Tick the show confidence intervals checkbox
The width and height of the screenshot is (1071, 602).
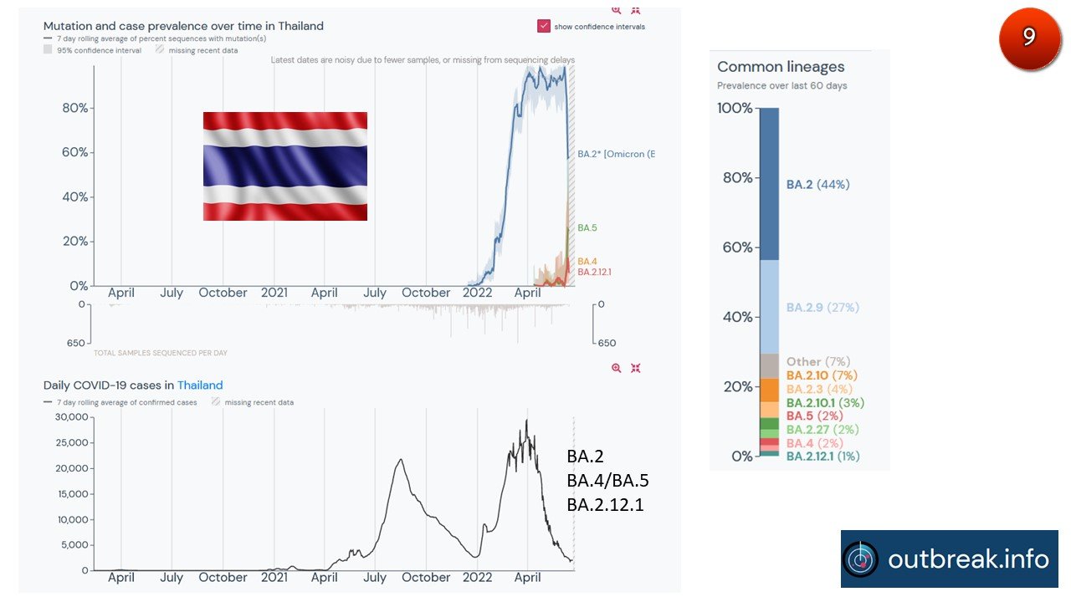point(544,26)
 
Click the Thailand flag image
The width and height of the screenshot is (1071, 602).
point(285,166)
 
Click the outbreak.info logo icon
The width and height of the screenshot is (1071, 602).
point(861,559)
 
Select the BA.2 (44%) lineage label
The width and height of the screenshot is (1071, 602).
point(817,185)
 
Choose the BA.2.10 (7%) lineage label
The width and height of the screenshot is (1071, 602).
point(821,376)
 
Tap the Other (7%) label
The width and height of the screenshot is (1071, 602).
point(817,362)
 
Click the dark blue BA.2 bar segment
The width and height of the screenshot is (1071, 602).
point(768,184)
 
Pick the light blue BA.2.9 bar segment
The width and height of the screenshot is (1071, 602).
point(768,307)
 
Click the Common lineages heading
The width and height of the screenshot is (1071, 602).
point(781,67)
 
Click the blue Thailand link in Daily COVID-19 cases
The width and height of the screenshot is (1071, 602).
point(200,385)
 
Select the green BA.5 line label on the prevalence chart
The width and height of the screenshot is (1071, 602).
point(587,227)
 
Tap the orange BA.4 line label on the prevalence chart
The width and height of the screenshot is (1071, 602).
point(587,262)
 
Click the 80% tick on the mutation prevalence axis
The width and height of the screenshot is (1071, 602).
point(75,108)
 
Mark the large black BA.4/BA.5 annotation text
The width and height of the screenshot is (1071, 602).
point(607,481)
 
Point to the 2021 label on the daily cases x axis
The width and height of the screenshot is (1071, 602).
point(274,578)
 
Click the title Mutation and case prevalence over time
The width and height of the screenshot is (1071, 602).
point(183,26)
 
